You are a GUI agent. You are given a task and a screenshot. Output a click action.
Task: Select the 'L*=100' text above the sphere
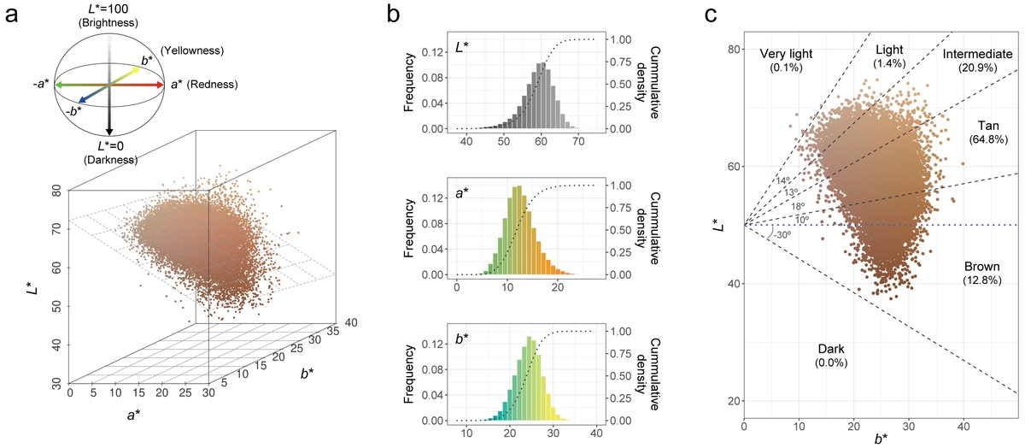(108, 8)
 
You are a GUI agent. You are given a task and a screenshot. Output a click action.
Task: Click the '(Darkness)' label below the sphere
(109, 158)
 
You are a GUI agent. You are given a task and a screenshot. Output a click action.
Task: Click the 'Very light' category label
(786, 55)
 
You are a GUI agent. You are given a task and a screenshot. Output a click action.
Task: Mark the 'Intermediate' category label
(977, 55)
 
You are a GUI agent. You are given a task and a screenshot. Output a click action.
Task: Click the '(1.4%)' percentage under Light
(890, 65)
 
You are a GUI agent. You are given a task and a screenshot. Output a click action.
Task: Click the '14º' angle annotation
(783, 180)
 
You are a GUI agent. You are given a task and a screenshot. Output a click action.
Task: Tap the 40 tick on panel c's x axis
(963, 425)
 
